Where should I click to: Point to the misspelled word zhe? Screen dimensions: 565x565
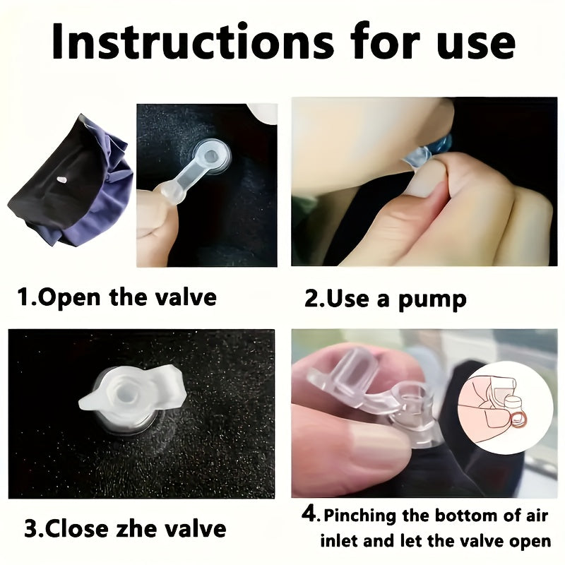click(x=137, y=529)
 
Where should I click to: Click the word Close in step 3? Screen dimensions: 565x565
click(x=77, y=529)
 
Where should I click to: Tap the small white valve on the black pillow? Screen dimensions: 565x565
click(x=61, y=179)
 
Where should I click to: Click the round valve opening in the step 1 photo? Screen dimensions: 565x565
click(x=210, y=156)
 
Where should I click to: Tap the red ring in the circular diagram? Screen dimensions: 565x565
click(x=518, y=419)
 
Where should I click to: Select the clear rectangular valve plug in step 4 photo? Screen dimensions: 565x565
click(x=356, y=372)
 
